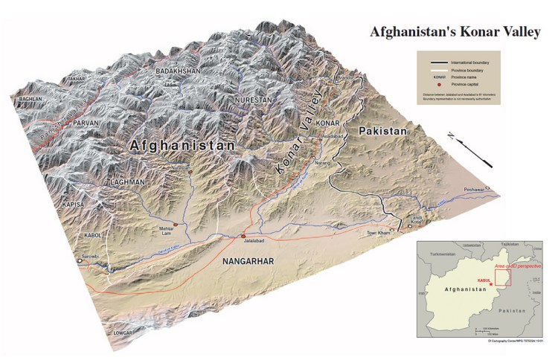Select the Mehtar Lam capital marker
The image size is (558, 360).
click(x=176, y=223)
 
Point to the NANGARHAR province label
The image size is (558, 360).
click(x=248, y=261)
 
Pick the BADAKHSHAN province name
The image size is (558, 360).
click(x=179, y=71)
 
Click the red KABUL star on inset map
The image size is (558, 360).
click(x=491, y=285)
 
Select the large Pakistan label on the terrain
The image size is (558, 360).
click(x=382, y=132)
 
